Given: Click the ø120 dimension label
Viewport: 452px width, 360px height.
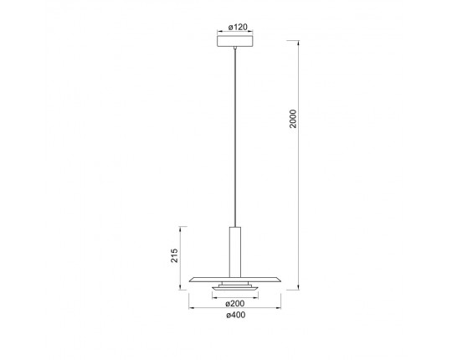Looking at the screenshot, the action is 238,27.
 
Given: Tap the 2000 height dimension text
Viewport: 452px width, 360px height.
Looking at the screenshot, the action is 293,118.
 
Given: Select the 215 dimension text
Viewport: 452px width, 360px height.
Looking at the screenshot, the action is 174,255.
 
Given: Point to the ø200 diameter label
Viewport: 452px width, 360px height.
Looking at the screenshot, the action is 235,303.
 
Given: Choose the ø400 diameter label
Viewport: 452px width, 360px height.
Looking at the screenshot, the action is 236,315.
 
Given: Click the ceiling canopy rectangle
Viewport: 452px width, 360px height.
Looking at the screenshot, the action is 235,41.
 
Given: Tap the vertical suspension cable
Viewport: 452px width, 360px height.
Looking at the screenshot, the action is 235,138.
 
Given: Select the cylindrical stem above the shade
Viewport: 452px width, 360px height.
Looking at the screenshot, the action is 235,252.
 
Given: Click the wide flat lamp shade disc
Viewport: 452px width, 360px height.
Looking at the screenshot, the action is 235,280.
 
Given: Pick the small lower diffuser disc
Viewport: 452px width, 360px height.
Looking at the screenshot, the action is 235,288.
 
